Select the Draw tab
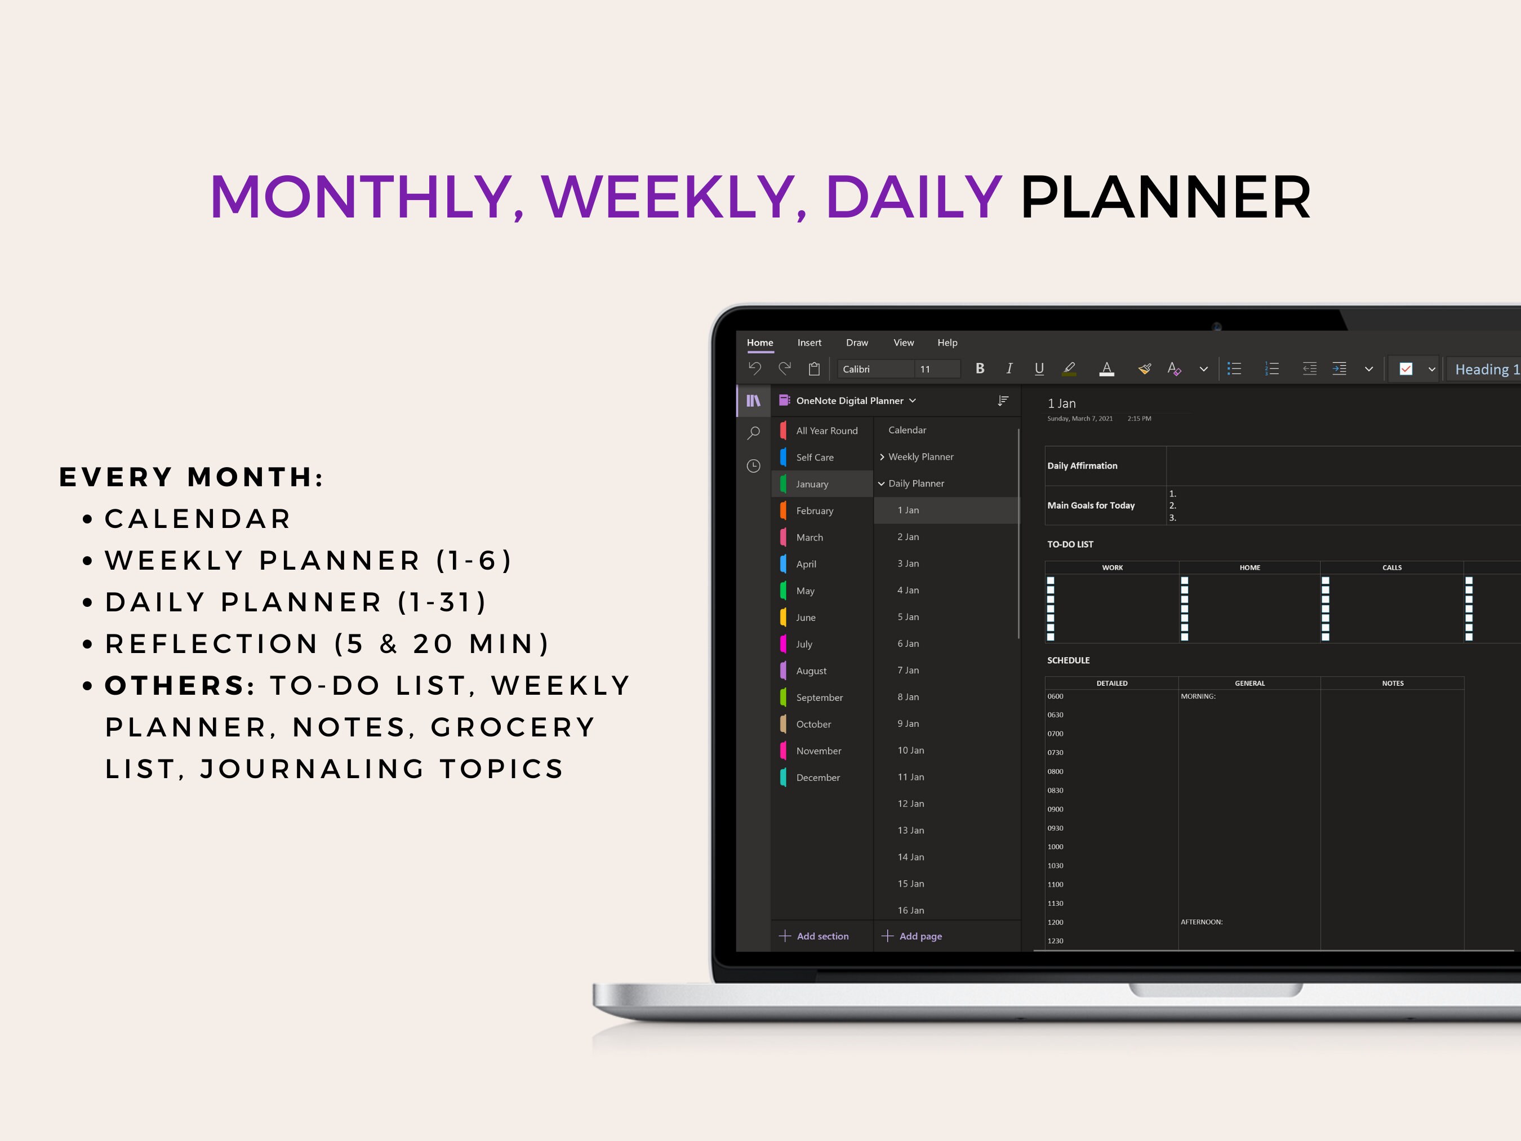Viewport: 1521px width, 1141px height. tap(856, 343)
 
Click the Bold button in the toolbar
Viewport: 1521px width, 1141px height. tap(979, 369)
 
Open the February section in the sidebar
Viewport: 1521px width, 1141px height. tap(814, 511)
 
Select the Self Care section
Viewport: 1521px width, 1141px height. tap(814, 458)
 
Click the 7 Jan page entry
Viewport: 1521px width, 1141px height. tap(908, 671)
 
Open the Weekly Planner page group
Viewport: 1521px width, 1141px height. tap(920, 456)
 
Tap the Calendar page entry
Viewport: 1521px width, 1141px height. tap(907, 430)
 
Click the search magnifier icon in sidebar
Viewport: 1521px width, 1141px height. tap(754, 433)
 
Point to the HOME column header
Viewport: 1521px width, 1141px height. tap(1249, 567)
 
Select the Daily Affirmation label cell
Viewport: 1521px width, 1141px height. tap(1082, 465)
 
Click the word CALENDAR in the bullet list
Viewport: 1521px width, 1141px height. tap(198, 518)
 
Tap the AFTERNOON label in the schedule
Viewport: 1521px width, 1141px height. tap(1201, 922)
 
